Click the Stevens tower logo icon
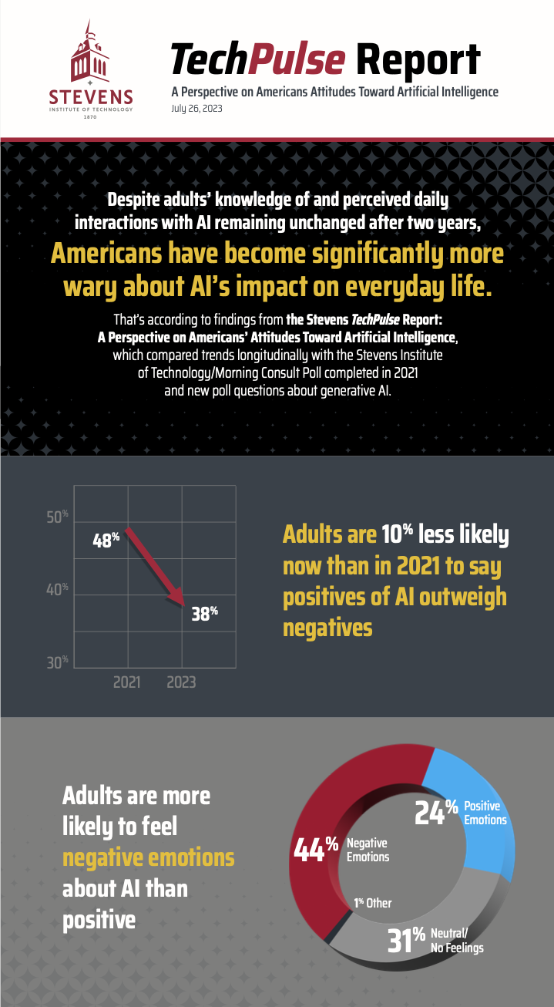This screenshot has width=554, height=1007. pos(91,54)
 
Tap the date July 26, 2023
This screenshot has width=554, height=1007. pos(196,109)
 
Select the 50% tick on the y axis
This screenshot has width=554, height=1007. pos(57,517)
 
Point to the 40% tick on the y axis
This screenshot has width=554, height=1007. pos(57,591)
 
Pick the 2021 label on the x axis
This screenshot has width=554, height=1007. pos(127,682)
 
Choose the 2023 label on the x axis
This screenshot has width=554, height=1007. pos(181,682)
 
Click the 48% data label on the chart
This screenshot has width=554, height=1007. pos(106,541)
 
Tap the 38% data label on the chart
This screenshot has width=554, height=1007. pos(204,615)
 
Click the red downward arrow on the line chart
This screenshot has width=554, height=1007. pos(155,564)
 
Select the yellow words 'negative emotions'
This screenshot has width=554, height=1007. pos(148,857)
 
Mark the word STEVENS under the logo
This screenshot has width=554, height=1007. pos(91,97)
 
